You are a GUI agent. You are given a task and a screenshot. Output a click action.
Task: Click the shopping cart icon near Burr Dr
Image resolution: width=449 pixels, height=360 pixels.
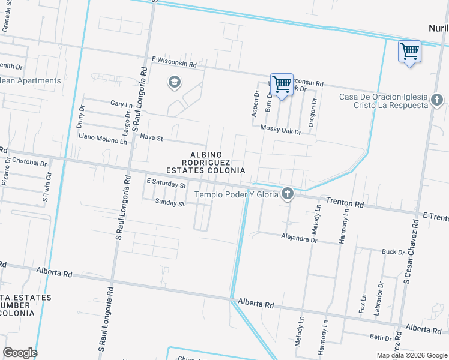282,85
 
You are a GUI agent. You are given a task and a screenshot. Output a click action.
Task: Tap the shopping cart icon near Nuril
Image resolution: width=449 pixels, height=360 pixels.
409,52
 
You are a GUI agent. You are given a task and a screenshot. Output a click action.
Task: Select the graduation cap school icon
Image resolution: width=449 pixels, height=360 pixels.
175,82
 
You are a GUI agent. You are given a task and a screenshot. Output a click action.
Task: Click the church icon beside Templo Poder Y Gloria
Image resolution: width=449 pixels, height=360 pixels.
288,193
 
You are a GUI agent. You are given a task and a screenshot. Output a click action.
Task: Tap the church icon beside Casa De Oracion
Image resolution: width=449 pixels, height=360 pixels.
436,100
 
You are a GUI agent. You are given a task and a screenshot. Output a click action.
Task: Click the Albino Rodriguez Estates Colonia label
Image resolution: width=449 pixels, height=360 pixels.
206,163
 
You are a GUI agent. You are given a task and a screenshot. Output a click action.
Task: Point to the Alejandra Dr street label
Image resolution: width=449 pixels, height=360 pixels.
298,239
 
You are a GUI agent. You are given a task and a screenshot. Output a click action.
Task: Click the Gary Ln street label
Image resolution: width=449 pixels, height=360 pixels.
121,104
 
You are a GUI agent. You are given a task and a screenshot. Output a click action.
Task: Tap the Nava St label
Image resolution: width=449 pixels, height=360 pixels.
151,138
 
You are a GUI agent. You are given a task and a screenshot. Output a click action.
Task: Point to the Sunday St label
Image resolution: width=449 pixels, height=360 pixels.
169,203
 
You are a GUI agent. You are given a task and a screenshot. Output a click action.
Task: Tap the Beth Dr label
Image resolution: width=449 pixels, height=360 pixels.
381,337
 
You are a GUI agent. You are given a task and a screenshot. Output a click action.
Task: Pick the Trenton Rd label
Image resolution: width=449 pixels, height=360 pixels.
345,204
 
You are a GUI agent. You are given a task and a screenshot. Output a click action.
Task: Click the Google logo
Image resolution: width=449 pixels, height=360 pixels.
20,353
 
